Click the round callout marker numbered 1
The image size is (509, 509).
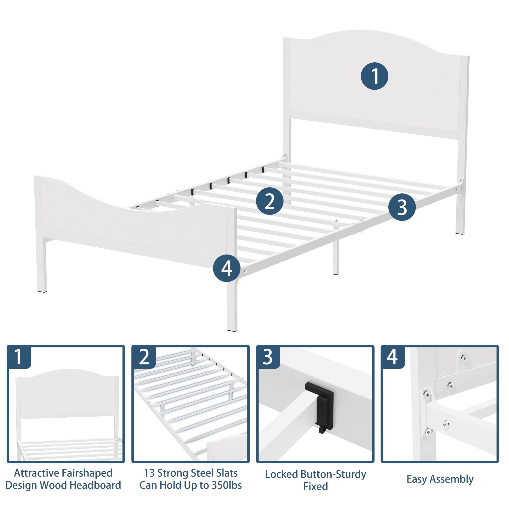374,76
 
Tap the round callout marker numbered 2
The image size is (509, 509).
270,201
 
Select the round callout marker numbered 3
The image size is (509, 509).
402,207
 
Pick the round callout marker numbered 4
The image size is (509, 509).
227,268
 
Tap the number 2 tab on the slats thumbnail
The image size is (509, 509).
144,357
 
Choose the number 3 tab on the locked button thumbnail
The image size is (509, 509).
268,357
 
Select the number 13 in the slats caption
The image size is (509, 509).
149,473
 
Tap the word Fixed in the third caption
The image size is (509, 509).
316,486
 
